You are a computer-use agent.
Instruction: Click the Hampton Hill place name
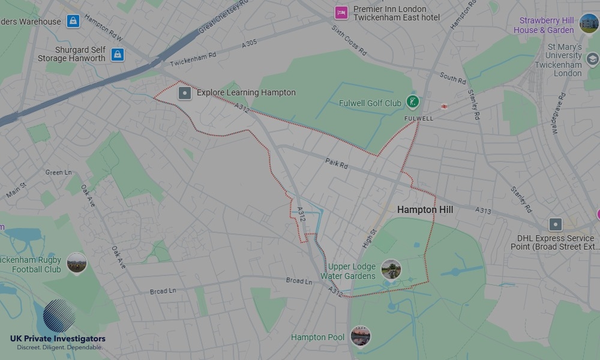(425, 210)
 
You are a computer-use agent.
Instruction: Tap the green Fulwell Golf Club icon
(412, 102)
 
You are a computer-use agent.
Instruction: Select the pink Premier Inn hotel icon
(341, 13)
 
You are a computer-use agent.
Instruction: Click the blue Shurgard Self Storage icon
(118, 55)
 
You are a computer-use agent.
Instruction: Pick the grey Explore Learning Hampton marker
(185, 93)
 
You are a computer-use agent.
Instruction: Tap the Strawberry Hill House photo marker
(589, 23)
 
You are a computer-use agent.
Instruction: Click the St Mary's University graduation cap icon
(592, 59)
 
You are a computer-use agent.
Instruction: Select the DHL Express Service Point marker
(556, 225)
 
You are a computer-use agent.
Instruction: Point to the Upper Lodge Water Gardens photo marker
(391, 269)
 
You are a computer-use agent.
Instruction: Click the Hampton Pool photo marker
(360, 337)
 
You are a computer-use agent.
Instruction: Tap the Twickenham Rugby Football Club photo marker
(76, 263)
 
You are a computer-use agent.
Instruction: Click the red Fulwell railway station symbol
(444, 106)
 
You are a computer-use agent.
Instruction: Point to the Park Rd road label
(337, 163)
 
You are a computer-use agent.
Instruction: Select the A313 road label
(483, 211)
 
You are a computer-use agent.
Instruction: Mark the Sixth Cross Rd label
(349, 40)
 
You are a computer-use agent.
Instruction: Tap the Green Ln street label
(58, 173)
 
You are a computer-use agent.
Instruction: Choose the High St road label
(368, 239)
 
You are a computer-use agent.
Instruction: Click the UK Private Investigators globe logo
(59, 316)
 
